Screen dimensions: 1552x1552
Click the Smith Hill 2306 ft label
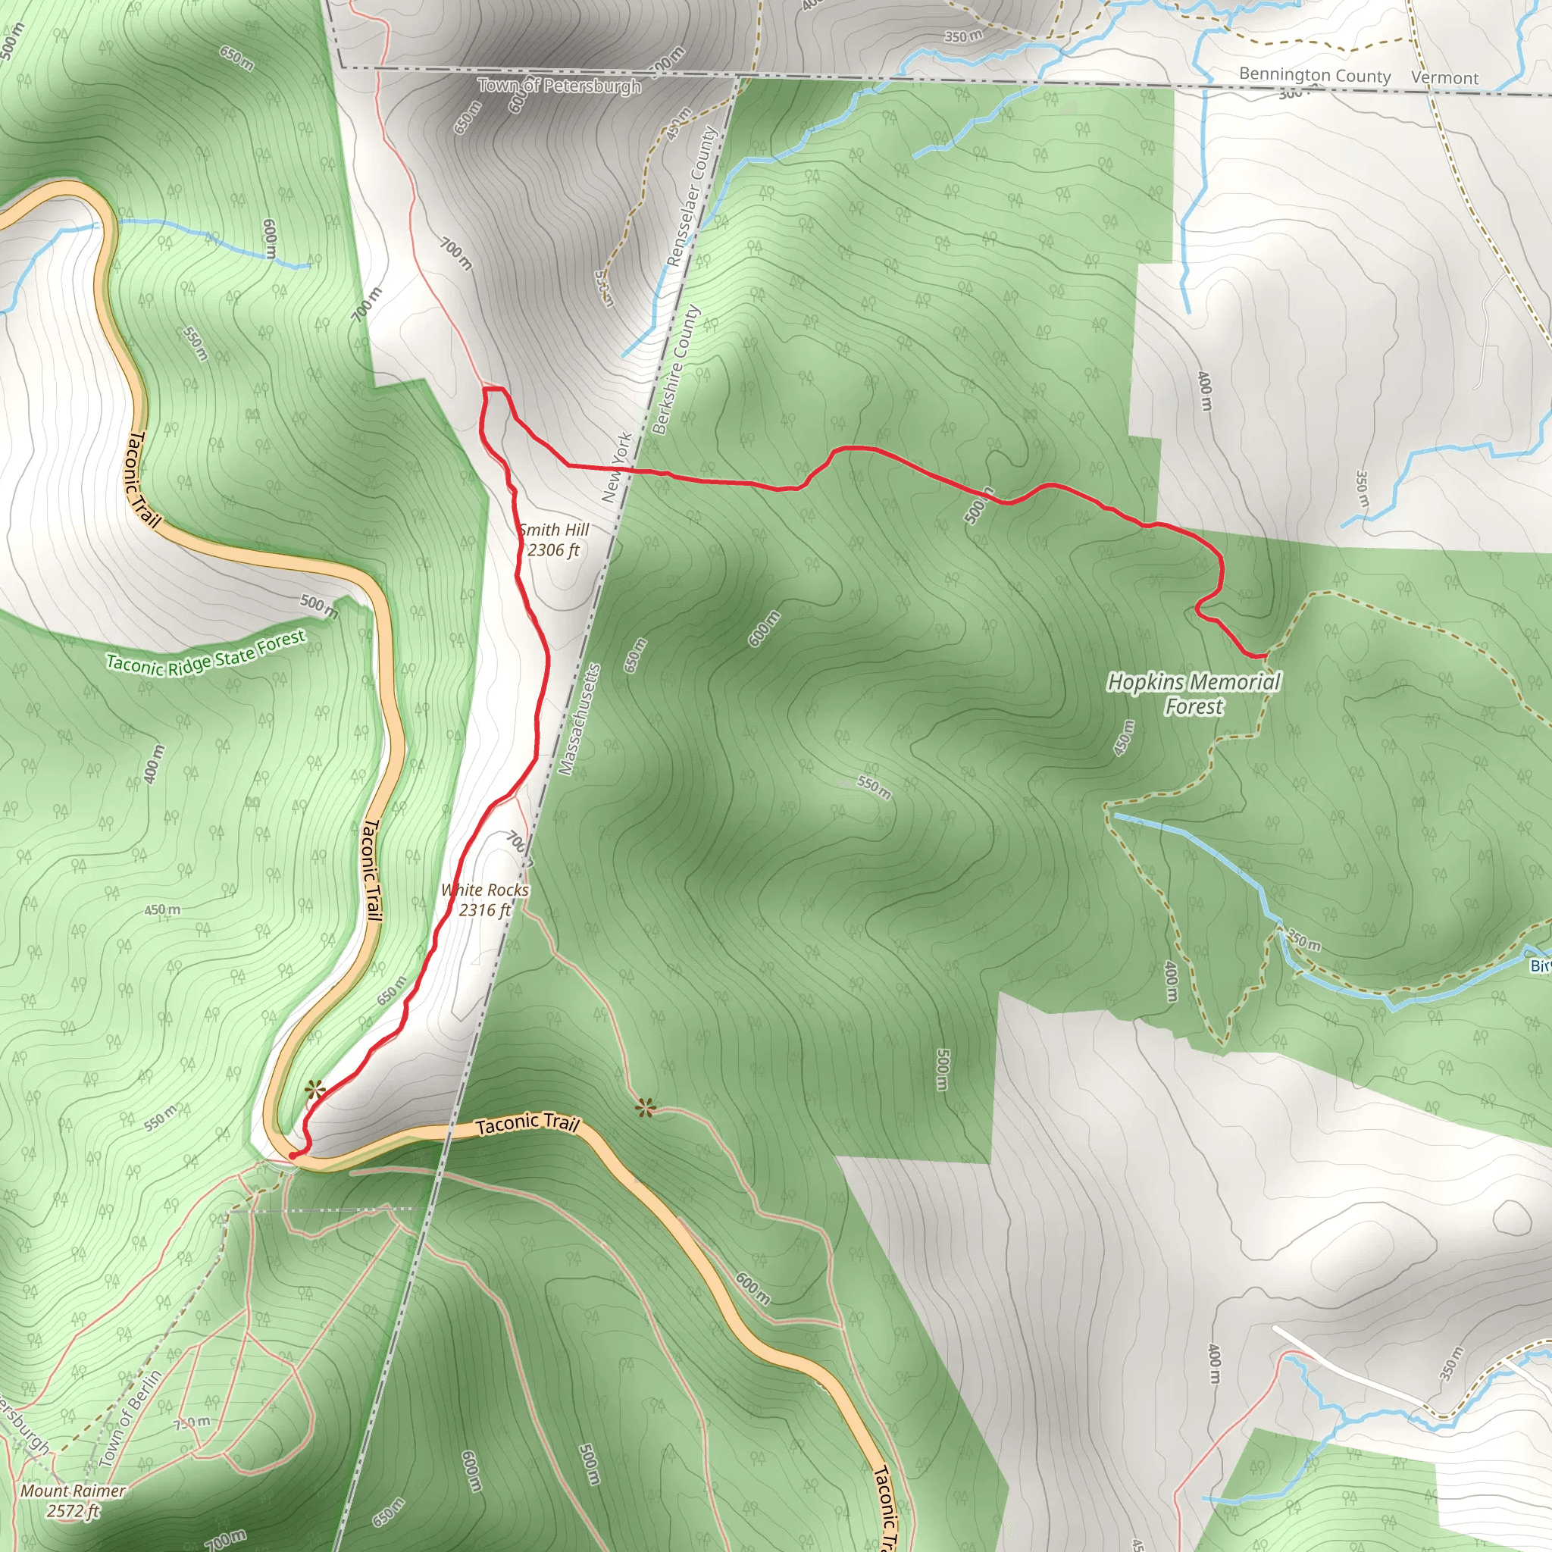(553, 540)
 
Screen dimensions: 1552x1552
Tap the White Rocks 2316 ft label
(484, 900)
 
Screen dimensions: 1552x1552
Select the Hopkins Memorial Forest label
(1194, 694)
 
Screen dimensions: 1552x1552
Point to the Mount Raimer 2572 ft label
(73, 1500)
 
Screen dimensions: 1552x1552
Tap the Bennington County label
(1314, 76)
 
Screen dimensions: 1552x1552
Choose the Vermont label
(1444, 78)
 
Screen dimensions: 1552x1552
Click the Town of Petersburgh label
(559, 85)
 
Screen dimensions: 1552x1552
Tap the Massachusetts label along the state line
(579, 720)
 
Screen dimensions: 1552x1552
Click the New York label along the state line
(617, 468)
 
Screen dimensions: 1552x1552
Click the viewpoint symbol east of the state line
(644, 1109)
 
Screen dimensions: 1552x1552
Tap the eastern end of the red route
(1266, 656)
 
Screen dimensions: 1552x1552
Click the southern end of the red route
(293, 1155)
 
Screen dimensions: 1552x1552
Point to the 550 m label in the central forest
(873, 787)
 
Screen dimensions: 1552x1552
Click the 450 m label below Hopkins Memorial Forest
(1124, 737)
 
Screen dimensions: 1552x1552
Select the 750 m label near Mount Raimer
(192, 1422)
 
